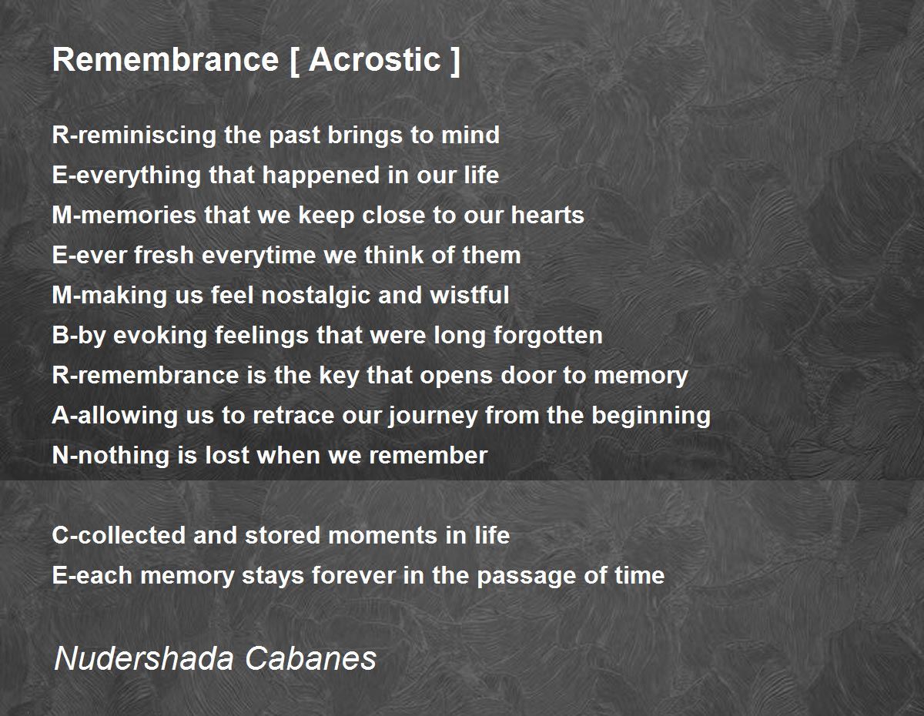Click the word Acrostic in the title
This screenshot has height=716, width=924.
tap(375, 59)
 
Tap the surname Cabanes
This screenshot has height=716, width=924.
tap(312, 658)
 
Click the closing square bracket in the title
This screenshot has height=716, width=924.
tap(455, 59)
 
